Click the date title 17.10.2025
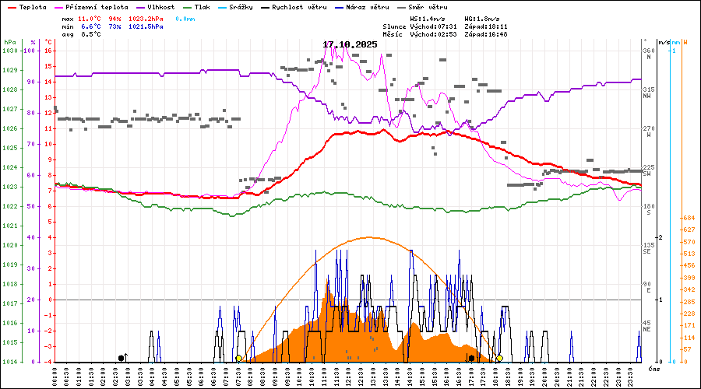coord(350,44)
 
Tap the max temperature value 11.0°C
coord(90,17)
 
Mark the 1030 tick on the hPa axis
coord(10,51)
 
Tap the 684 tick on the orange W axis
coord(688,218)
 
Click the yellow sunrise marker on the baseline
coord(238,359)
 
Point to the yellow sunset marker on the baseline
coord(499,359)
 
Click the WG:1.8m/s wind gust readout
coord(483,17)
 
